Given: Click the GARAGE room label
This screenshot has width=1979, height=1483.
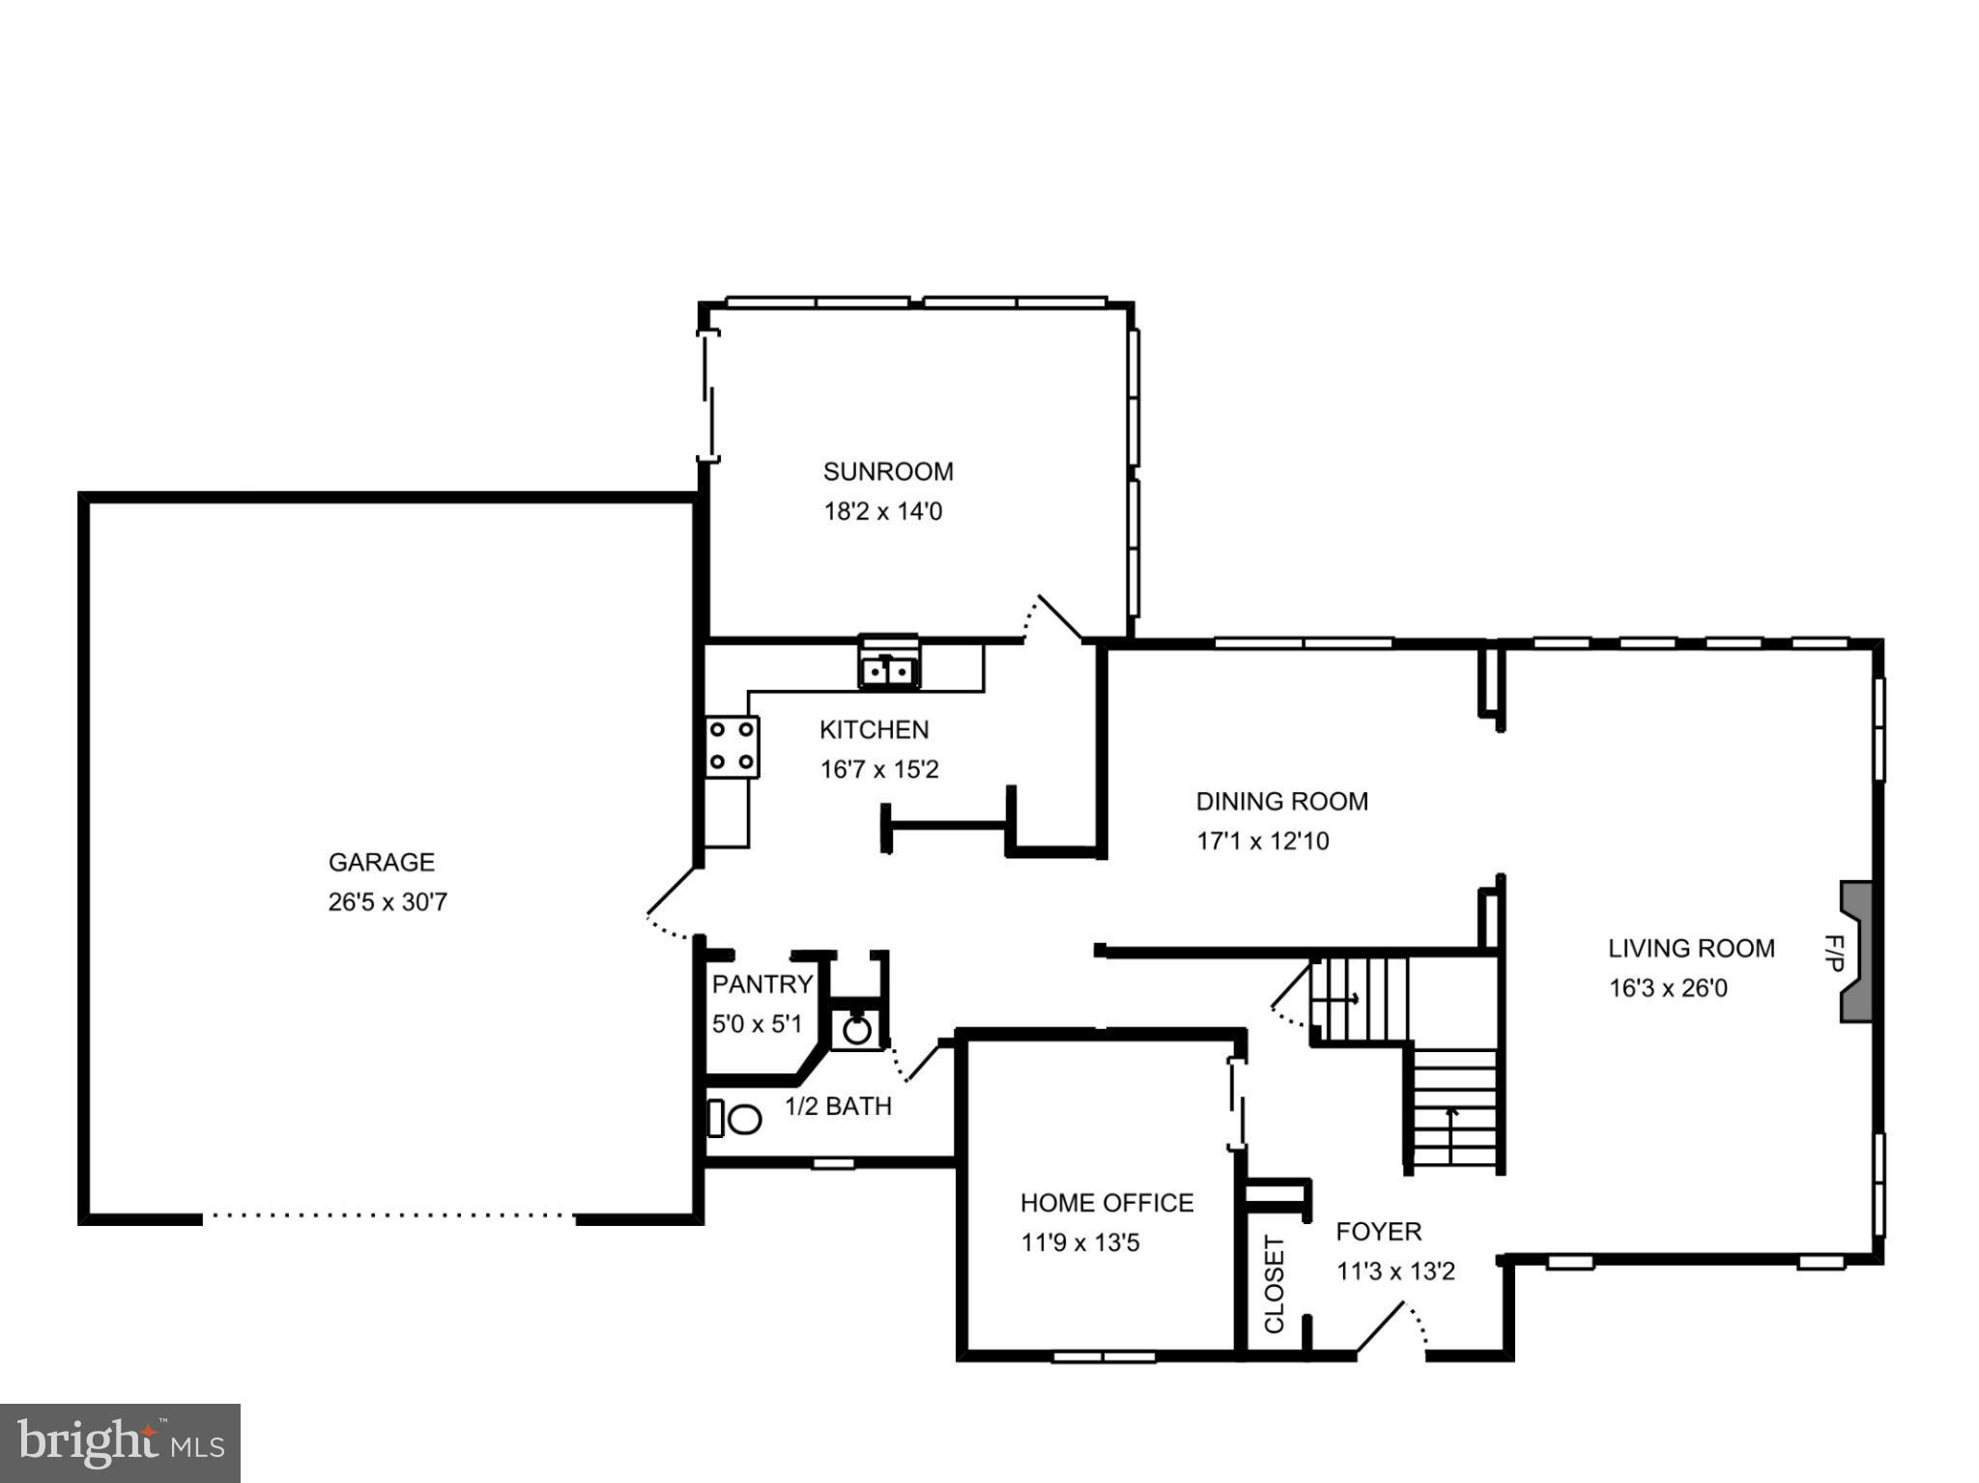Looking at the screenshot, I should (x=381, y=862).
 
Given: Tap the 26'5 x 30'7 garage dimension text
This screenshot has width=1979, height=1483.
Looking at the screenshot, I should (x=387, y=902).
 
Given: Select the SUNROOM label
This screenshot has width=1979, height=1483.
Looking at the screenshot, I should (x=887, y=471).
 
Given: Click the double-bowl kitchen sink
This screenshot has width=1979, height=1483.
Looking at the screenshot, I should (x=889, y=669).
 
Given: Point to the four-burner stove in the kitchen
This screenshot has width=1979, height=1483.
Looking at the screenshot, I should (x=731, y=747).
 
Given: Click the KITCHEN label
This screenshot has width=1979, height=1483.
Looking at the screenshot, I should (x=874, y=729).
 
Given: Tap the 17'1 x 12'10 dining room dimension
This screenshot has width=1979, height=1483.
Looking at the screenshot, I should (x=1262, y=841).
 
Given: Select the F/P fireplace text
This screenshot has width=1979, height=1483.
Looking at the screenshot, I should (x=1832, y=953).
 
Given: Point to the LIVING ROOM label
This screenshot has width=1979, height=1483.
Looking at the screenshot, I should (x=1690, y=949).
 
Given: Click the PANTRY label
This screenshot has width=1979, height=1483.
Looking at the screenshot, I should (x=762, y=984).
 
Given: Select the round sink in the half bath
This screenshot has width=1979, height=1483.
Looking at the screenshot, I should (x=856, y=1030).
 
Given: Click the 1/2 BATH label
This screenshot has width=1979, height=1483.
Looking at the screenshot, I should (x=838, y=1106).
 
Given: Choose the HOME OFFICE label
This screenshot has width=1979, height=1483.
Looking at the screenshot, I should (x=1106, y=1203).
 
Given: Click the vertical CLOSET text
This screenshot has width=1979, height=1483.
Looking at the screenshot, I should (x=1275, y=1284).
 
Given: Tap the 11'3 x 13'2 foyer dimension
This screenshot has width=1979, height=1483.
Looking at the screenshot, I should (x=1395, y=1271).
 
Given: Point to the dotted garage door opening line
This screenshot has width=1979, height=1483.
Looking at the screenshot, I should (x=388, y=1216).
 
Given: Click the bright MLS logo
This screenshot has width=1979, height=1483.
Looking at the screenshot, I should (x=120, y=1442).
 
